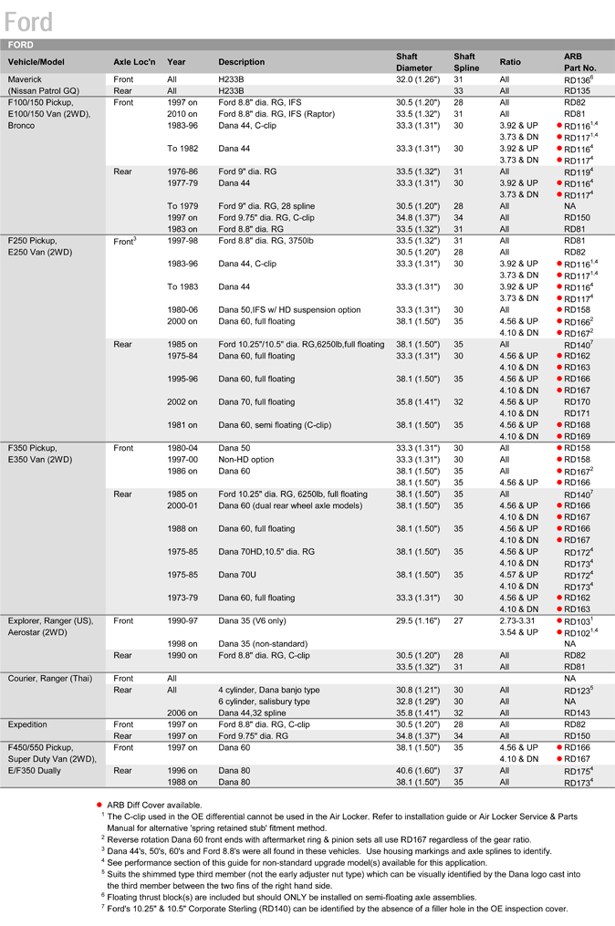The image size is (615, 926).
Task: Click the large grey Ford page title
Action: pos(28,20)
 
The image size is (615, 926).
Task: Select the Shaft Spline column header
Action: pos(464,62)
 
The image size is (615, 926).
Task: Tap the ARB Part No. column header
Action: pos(579,62)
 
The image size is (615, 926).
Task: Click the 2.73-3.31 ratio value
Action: pos(518,620)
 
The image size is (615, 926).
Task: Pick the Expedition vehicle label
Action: pos(27,724)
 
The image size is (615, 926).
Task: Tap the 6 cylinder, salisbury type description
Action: pos(264,702)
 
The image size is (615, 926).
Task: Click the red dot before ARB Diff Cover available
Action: pos(99,804)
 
